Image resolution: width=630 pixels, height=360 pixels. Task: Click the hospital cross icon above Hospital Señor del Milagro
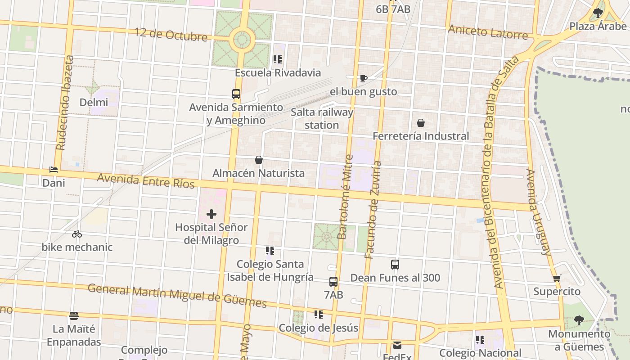tap(211, 214)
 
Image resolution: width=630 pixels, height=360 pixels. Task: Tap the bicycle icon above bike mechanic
tap(77, 234)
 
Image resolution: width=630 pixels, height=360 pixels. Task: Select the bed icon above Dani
tap(54, 170)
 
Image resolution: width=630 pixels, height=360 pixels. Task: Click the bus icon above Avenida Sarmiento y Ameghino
tap(236, 94)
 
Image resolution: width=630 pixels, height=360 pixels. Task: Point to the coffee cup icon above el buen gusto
tap(364, 79)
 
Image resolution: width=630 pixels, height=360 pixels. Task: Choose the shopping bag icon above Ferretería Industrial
tap(421, 123)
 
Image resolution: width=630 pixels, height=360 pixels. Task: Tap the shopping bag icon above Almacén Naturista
tap(259, 160)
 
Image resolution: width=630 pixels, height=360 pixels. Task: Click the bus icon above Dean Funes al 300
tap(395, 265)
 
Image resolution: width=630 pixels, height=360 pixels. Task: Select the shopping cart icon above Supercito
tap(557, 278)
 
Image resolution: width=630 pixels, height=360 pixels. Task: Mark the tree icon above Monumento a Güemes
tap(579, 320)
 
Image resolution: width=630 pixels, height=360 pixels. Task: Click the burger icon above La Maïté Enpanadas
tap(74, 316)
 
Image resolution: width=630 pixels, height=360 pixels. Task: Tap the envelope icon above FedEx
tap(397, 345)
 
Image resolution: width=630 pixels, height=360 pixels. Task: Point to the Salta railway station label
tap(322, 118)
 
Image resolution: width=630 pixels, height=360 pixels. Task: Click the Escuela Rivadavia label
tap(278, 73)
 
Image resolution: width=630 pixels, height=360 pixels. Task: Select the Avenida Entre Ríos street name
tap(146, 181)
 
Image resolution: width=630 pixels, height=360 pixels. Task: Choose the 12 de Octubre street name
tap(171, 35)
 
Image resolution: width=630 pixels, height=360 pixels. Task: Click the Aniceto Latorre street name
tap(488, 32)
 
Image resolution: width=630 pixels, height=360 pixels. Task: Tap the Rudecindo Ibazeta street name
tap(65, 103)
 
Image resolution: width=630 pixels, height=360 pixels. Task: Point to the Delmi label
tap(94, 103)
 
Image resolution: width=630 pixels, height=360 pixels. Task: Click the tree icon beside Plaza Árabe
tap(598, 13)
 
